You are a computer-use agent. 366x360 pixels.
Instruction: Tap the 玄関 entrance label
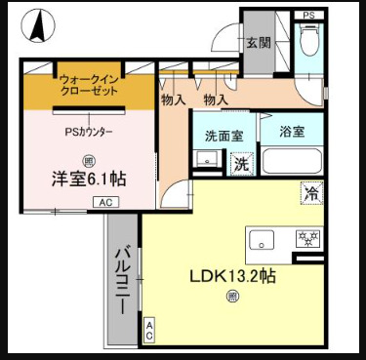click(x=258, y=43)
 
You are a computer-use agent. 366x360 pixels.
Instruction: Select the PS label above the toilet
click(x=308, y=15)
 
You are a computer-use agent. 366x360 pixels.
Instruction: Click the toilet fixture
click(x=308, y=43)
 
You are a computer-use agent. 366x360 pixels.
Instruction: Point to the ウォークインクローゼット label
click(x=90, y=84)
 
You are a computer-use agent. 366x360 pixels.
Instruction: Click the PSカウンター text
click(x=89, y=131)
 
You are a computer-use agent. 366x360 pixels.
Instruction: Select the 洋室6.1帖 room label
click(x=89, y=178)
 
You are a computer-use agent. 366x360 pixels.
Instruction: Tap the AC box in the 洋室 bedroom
click(x=104, y=202)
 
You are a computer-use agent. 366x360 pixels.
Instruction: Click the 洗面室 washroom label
click(x=223, y=135)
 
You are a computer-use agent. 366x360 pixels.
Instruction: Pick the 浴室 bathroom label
click(x=292, y=131)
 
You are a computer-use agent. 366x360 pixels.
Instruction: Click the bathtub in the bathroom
click(x=292, y=162)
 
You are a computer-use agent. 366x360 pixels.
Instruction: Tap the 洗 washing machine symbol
click(x=240, y=164)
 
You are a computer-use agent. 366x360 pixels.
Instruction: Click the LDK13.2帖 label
click(x=232, y=276)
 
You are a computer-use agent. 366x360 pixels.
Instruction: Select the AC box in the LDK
click(x=149, y=329)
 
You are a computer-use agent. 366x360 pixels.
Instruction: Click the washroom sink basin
click(x=206, y=159)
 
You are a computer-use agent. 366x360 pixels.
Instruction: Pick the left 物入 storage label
click(x=174, y=100)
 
